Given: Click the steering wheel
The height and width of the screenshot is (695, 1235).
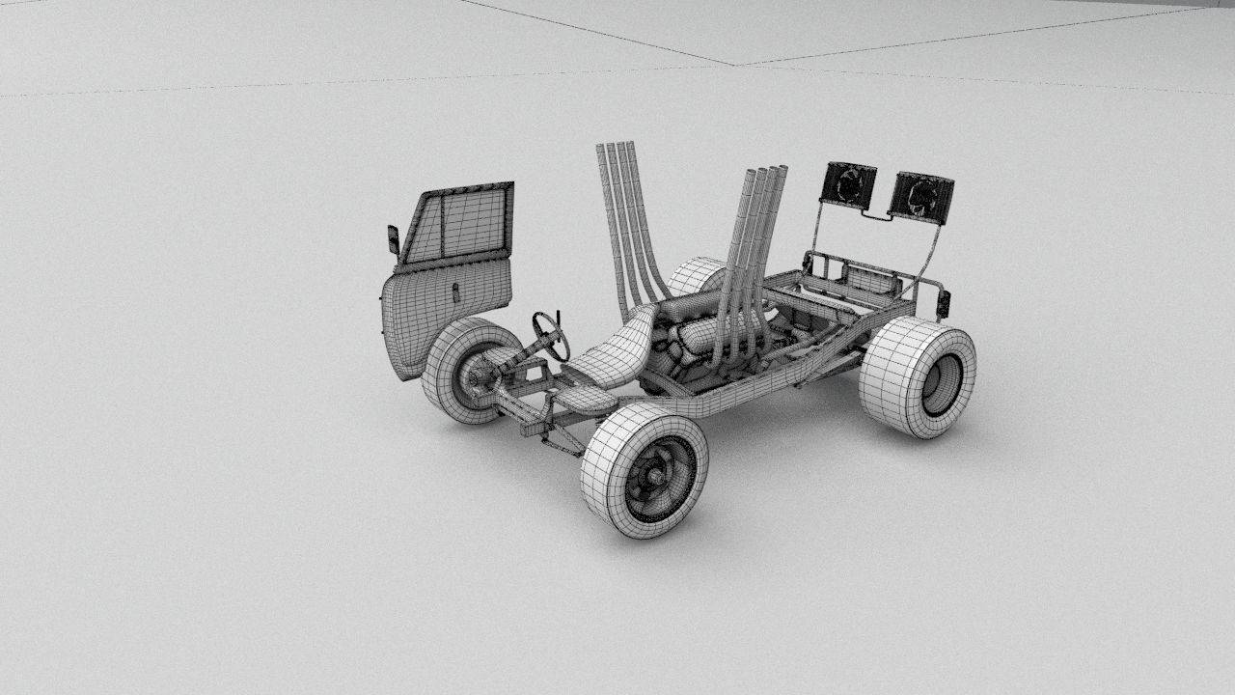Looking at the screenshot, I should click(550, 335).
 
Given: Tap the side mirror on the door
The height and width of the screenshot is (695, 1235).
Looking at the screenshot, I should click(393, 240).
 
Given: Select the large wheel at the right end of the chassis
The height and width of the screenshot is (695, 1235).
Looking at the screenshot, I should click(917, 377).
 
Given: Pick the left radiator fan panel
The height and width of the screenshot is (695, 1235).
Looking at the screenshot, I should click(849, 184).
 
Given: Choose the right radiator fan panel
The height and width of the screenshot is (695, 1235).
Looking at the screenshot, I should click(920, 197).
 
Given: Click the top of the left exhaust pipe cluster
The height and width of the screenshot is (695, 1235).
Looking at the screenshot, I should click(617, 150).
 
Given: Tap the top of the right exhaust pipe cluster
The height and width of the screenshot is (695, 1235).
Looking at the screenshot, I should click(767, 174).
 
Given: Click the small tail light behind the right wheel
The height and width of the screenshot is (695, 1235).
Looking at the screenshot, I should click(944, 304).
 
